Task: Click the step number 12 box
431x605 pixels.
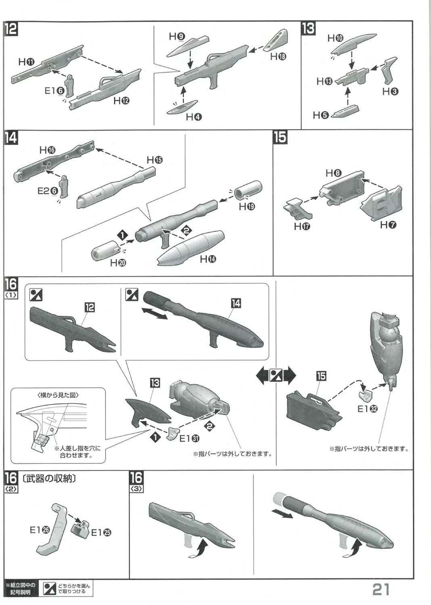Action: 11,29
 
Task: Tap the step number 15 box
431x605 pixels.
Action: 280,138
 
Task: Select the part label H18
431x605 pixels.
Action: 278,57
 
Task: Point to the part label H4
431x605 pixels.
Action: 194,117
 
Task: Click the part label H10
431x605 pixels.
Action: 335,38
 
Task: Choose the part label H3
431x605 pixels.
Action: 390,92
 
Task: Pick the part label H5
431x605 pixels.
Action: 321,115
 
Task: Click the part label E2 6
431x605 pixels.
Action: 48,190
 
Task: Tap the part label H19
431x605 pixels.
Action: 247,207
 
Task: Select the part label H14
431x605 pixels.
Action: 208,259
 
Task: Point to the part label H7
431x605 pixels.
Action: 388,225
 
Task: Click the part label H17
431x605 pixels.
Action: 302,226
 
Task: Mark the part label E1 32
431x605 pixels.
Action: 368,409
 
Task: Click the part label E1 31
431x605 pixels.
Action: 189,438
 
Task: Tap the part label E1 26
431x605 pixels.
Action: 40,530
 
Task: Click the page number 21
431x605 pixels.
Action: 381,589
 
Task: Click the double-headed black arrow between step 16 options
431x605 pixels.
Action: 276,376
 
